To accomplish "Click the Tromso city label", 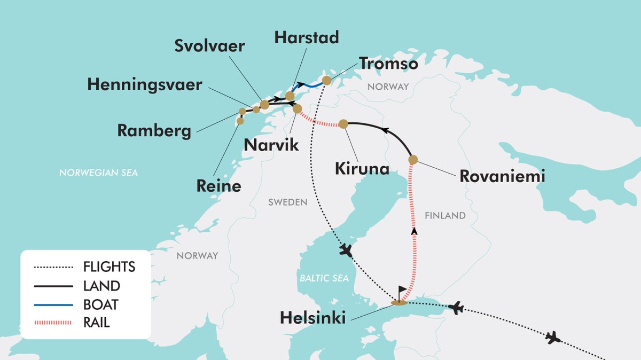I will click(388, 63).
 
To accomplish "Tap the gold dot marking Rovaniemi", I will click(413, 159).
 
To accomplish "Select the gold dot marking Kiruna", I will click(343, 124).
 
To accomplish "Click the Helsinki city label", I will click(313, 318).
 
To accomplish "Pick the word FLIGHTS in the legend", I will click(109, 267).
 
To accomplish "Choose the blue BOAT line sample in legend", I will click(53, 304).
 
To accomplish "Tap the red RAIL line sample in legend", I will click(53, 322).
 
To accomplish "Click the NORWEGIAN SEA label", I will click(98, 173).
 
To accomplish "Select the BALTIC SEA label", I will click(324, 278).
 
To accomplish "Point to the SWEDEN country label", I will click(287, 202).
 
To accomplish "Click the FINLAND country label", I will click(445, 216).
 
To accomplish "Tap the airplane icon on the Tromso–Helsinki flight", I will click(346, 250).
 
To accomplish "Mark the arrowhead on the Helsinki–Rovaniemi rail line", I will click(413, 231).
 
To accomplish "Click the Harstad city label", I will click(306, 37).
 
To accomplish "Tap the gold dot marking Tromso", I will click(326, 81).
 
